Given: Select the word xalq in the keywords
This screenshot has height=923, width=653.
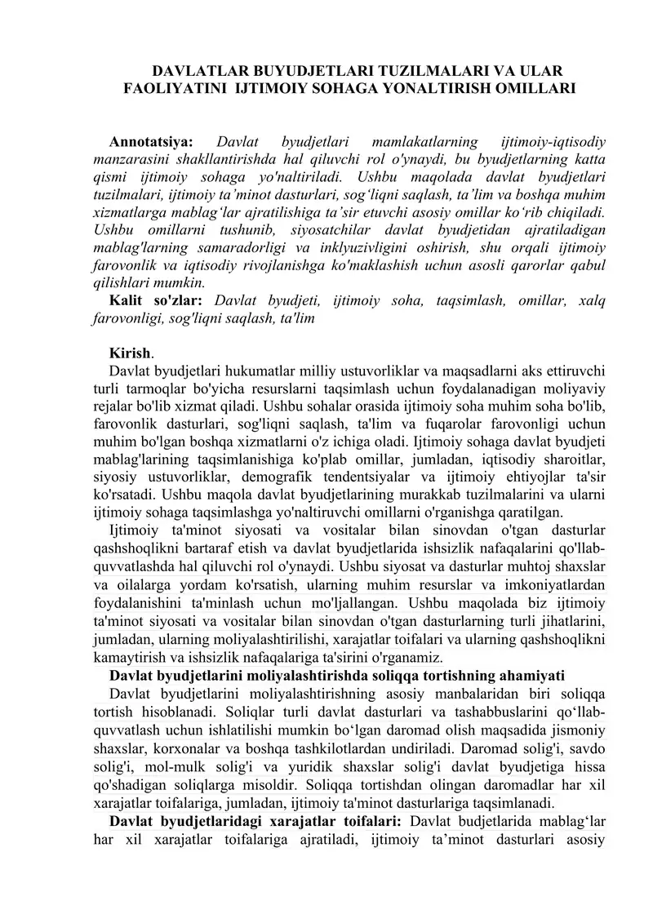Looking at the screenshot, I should (x=592, y=301).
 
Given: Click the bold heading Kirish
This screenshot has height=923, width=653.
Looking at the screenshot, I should (x=130, y=353).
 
